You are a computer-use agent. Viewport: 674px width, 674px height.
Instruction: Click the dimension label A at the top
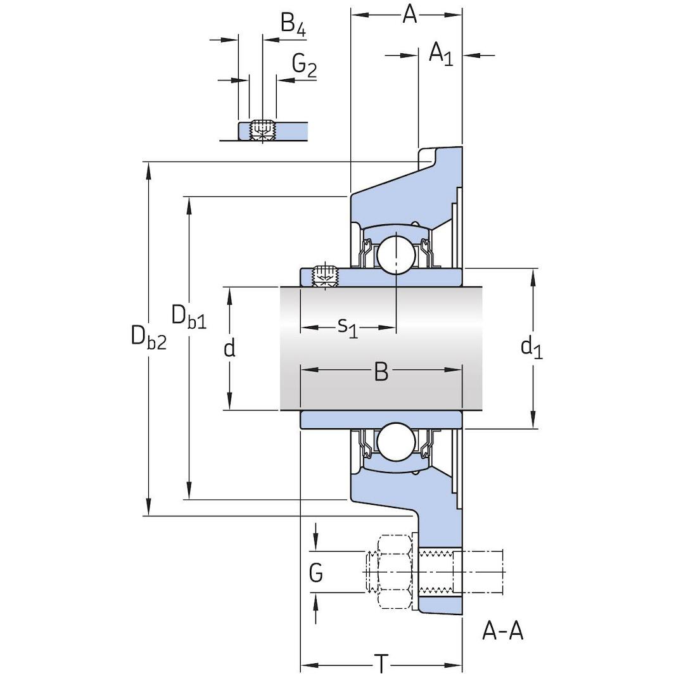point(410,14)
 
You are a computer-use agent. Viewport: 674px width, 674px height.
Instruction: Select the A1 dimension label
point(441,54)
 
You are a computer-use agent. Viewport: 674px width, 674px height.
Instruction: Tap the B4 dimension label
point(293,25)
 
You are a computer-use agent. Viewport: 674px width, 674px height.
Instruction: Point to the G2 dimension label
point(304,65)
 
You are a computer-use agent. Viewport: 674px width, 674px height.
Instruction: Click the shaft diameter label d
point(230,347)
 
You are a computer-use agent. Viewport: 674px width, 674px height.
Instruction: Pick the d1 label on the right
point(531,347)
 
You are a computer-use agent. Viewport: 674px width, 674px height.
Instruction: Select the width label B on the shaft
point(381,372)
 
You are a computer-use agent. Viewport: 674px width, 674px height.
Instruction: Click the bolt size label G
point(315,573)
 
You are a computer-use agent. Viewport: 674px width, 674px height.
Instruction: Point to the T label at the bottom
point(381,664)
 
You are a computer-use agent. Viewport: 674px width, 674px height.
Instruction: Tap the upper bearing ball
point(396,253)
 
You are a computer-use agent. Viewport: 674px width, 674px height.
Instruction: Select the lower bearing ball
point(396,442)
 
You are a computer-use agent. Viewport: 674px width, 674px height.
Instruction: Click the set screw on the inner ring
point(325,276)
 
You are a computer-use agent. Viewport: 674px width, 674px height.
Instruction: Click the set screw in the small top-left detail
point(262,129)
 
